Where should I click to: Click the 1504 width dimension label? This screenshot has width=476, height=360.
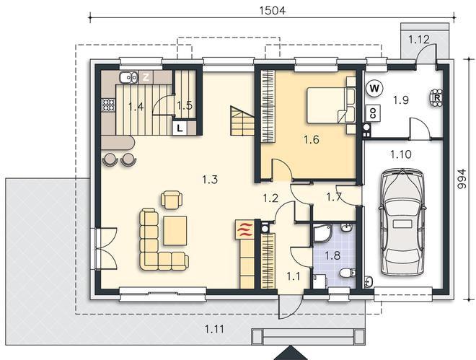(x=273, y=10)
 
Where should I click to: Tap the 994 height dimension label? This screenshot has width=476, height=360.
(x=462, y=179)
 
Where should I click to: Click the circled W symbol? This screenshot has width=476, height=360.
(x=374, y=89)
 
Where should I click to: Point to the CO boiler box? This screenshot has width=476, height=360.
(x=373, y=113)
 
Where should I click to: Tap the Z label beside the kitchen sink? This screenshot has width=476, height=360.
(x=146, y=77)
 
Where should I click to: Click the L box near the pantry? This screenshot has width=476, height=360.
(x=180, y=128)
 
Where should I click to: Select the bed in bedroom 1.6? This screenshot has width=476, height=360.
(x=331, y=105)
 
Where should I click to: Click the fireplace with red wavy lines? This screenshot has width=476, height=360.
(x=245, y=229)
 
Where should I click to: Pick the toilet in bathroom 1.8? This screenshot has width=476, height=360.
(x=347, y=273)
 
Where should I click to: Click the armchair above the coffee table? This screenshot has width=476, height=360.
(x=172, y=199)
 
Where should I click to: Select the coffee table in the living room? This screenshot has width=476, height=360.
(x=175, y=230)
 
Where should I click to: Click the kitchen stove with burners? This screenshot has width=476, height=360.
(x=108, y=105)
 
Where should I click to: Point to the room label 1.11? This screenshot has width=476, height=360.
(x=215, y=329)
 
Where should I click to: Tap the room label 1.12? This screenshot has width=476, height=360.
(x=419, y=39)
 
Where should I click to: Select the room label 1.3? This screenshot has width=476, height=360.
(x=210, y=180)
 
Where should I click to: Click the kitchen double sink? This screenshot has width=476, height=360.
(x=129, y=78)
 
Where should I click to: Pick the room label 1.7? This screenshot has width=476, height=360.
(x=334, y=197)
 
